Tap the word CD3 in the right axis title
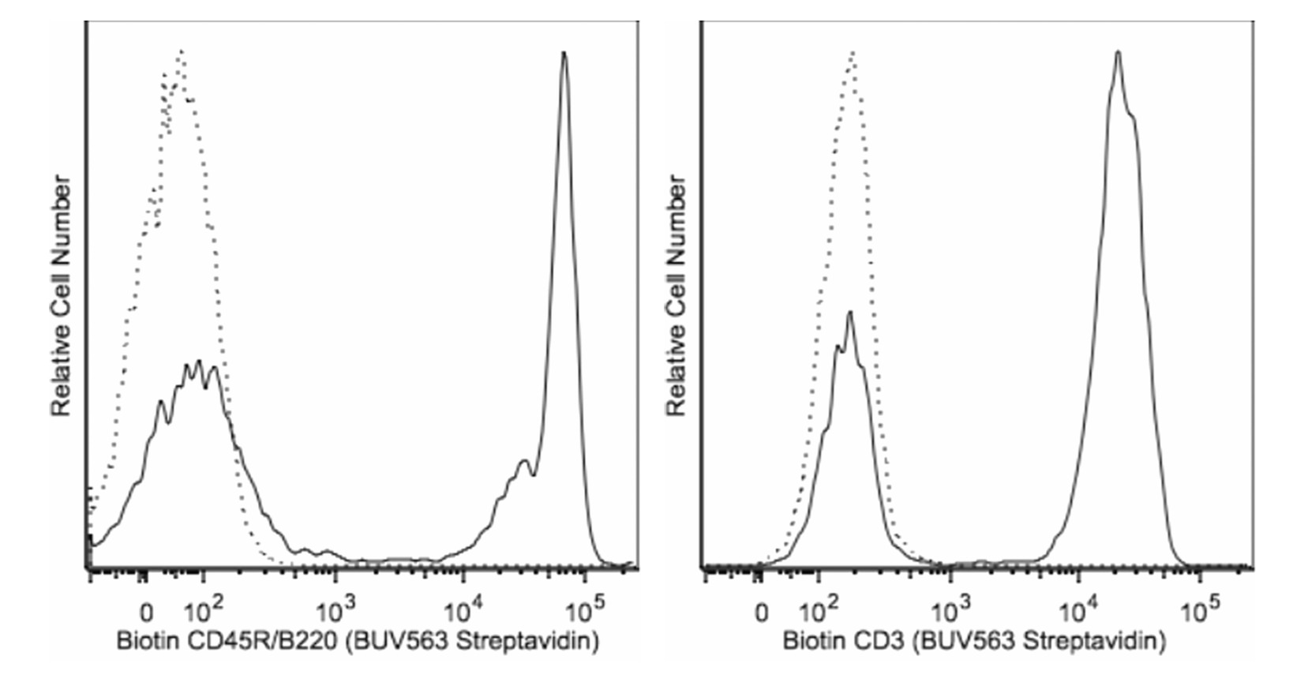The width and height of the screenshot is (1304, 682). click(872, 642)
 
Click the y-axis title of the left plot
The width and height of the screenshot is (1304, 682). click(62, 296)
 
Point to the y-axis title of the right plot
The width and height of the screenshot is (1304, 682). click(677, 296)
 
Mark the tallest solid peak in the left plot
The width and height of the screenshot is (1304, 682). click(564, 53)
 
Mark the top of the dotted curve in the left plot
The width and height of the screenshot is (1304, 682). click(182, 51)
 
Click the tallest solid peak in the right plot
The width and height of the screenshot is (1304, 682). click(1118, 52)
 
